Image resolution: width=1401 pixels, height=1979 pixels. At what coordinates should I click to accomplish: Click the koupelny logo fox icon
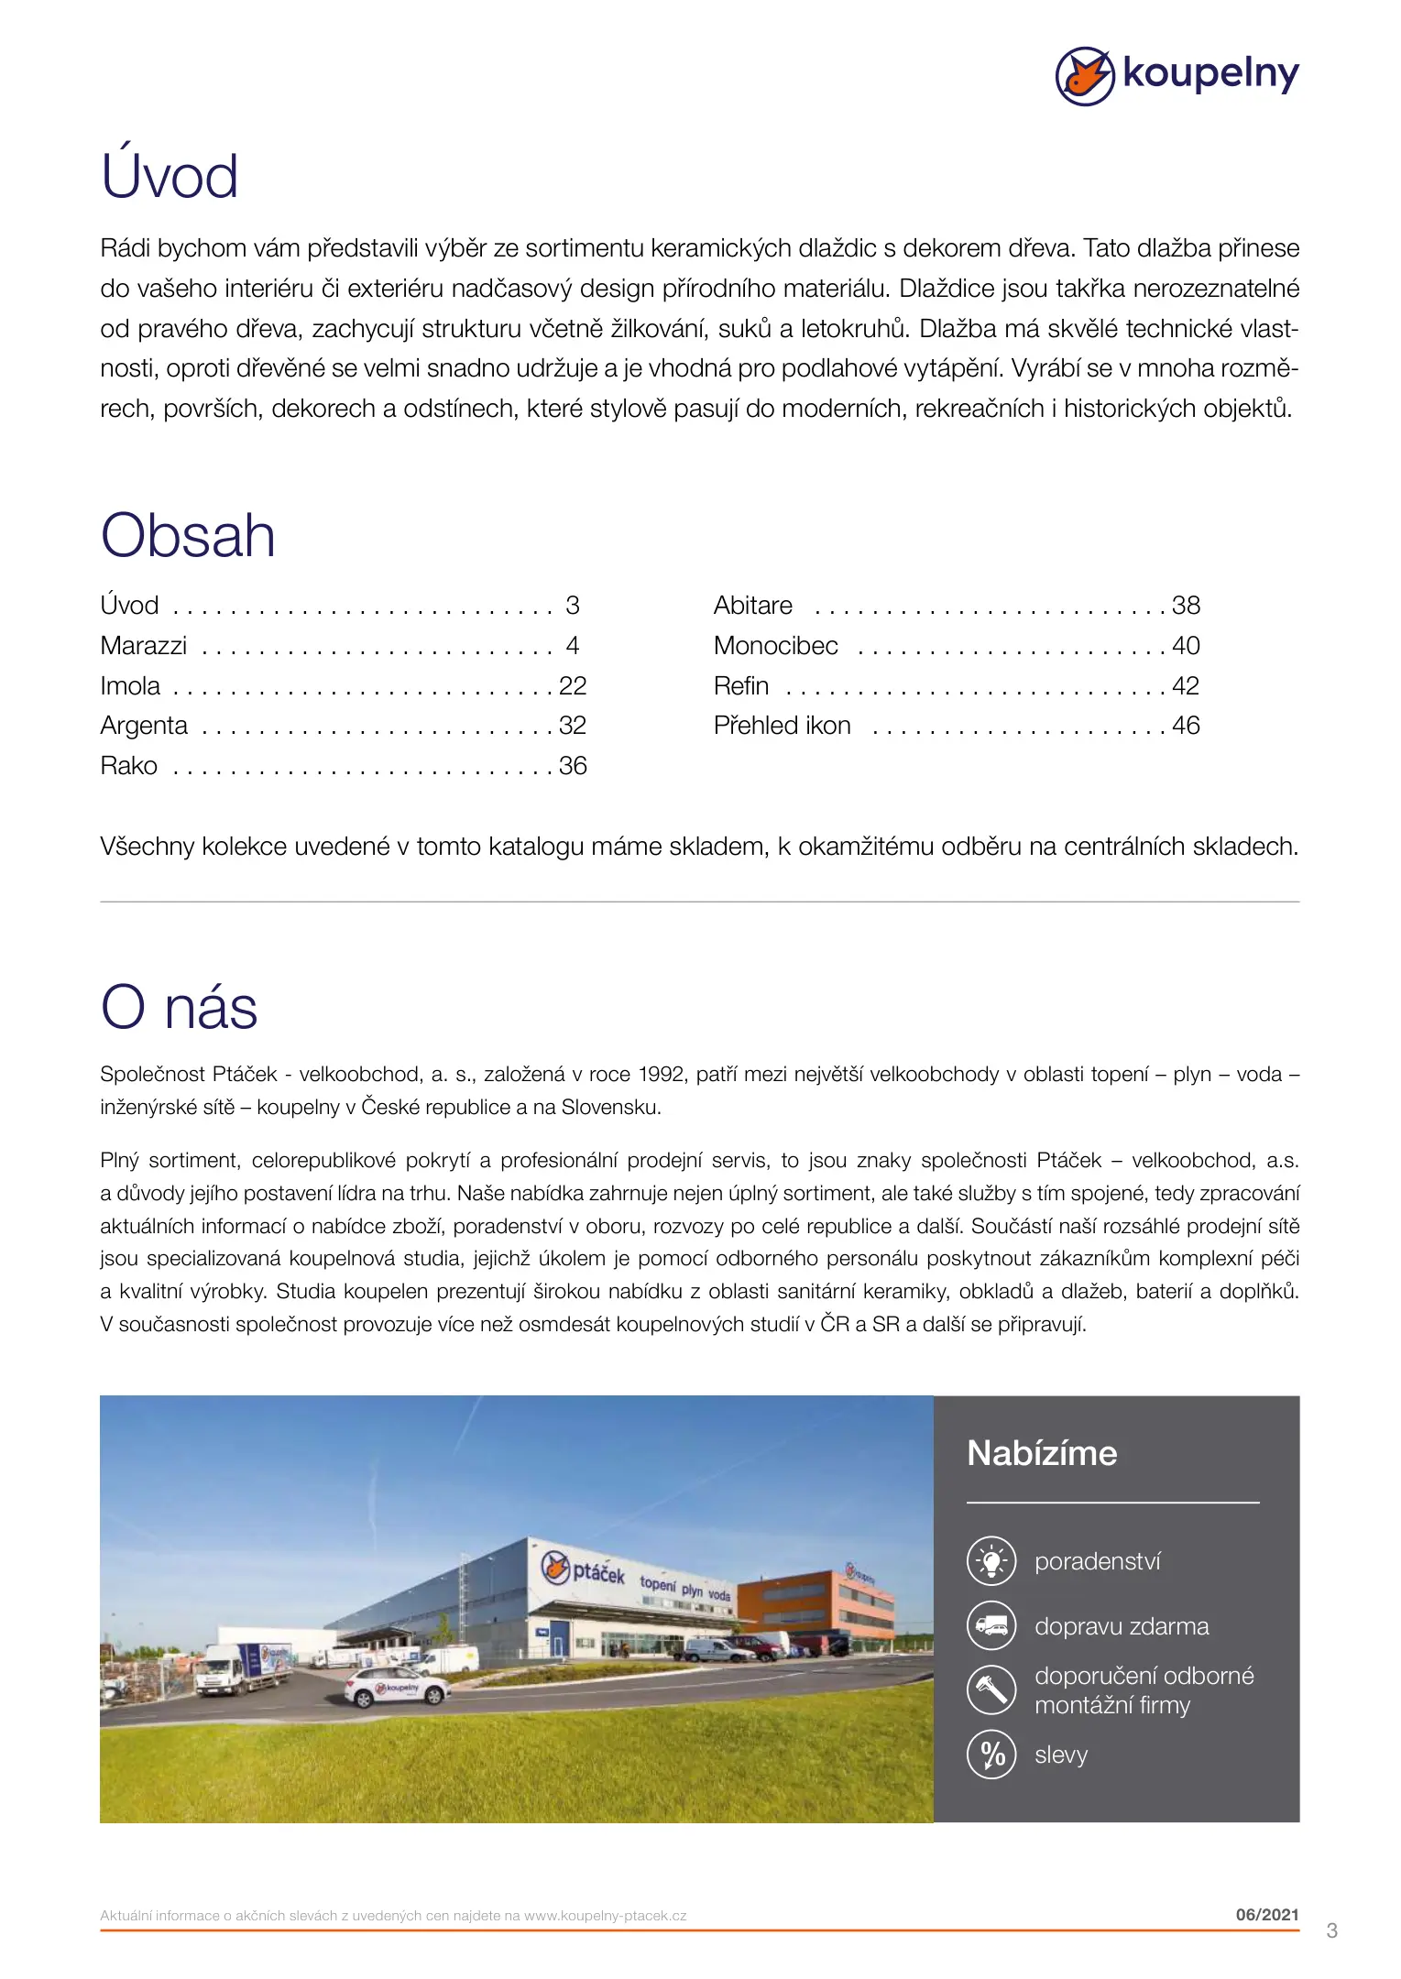[x=1084, y=76]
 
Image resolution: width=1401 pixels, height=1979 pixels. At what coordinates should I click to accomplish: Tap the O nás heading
[x=179, y=1008]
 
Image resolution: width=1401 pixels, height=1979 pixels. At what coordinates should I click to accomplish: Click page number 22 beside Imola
[x=573, y=685]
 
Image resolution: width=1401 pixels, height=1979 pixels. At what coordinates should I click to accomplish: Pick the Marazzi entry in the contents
[x=144, y=646]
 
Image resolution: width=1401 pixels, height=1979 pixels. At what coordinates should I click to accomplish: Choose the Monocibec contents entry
[x=775, y=646]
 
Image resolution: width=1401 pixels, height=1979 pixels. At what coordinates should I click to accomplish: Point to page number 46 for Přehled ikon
[x=1186, y=726]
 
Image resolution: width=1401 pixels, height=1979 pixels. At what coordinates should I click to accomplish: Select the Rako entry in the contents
[x=129, y=766]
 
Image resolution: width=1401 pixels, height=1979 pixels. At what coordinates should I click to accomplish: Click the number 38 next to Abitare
[x=1186, y=606]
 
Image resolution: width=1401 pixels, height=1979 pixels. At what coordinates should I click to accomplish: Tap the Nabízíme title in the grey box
[x=1042, y=1453]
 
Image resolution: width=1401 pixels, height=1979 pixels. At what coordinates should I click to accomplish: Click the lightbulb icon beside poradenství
[x=991, y=1560]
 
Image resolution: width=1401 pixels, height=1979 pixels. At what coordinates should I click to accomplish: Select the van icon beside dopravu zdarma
[x=991, y=1625]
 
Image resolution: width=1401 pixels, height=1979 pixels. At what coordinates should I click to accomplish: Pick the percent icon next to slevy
[x=991, y=1755]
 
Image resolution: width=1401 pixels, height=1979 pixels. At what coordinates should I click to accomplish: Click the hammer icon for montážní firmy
[x=991, y=1689]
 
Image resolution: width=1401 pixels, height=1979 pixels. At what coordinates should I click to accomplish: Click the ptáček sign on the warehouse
[x=583, y=1570]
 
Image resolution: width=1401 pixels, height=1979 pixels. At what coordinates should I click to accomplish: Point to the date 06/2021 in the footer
[x=1266, y=1914]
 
